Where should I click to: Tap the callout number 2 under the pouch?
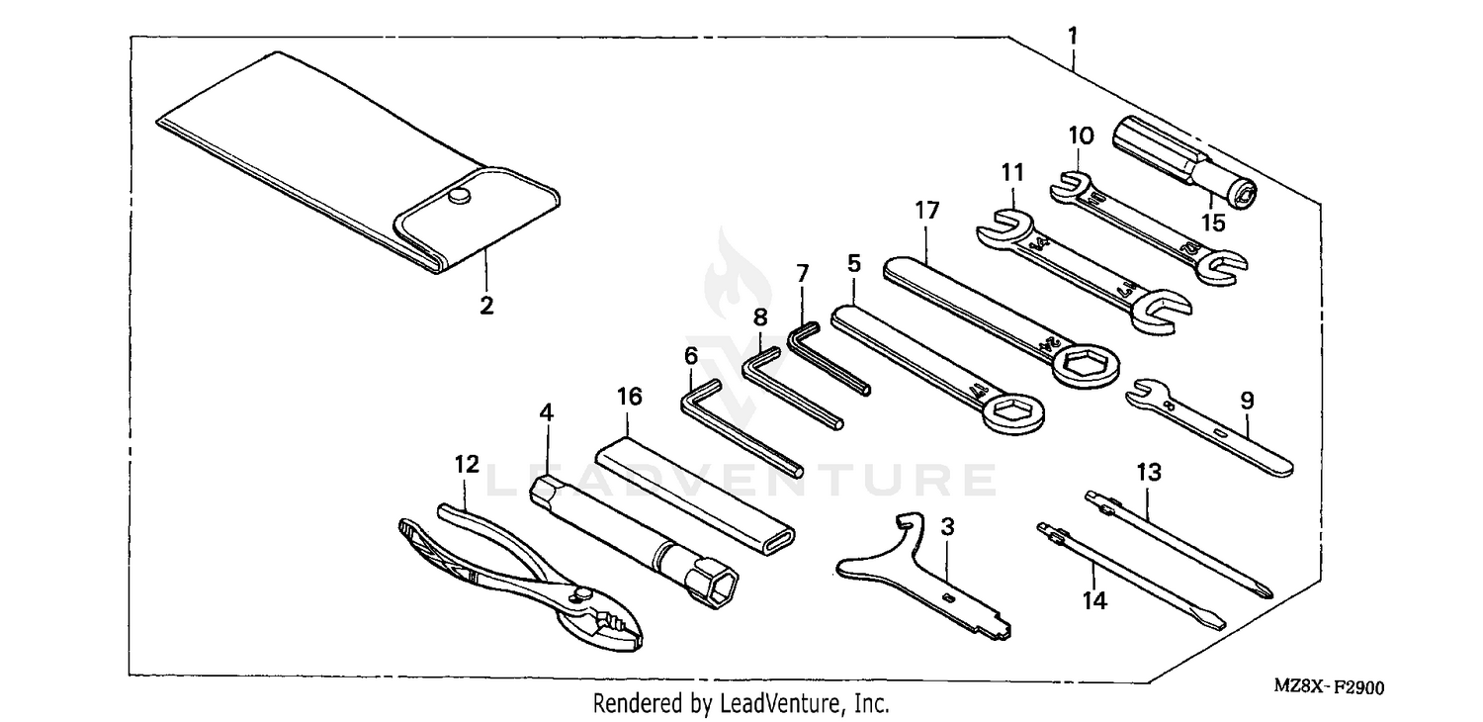tap(485, 306)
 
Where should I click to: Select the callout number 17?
tap(926, 210)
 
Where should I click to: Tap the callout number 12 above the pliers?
tap(467, 463)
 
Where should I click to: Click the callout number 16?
tap(630, 397)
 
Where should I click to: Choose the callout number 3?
tap(947, 526)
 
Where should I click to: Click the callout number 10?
tap(1080, 133)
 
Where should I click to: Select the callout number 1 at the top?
tap(1073, 36)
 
